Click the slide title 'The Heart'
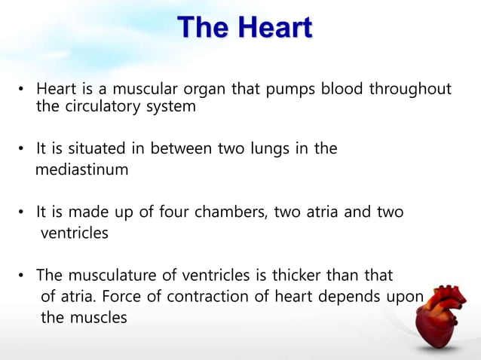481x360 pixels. point(244,28)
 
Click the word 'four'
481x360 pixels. point(175,212)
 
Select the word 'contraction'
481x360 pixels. point(209,296)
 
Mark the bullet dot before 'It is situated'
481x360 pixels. point(23,149)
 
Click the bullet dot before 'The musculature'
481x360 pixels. point(23,276)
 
